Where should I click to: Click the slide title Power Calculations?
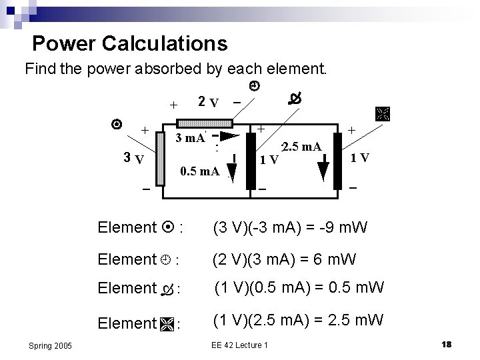click(129, 44)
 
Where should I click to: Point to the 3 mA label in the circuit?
click(190, 139)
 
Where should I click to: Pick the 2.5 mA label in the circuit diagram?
click(303, 146)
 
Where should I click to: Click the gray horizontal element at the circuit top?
click(204, 123)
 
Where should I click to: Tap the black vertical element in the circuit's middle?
click(251, 159)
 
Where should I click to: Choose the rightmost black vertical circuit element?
click(341, 160)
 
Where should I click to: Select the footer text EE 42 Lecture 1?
click(239, 344)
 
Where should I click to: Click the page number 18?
click(447, 343)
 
